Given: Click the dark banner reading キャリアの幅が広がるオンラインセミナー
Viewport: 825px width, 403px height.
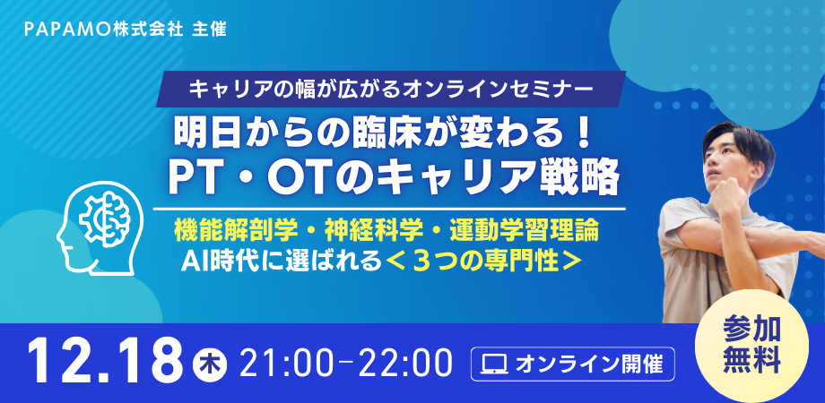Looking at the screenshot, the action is [391, 90].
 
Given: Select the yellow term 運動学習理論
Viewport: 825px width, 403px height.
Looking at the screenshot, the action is [525, 231].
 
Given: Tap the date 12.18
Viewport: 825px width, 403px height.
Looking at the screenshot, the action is [102, 362].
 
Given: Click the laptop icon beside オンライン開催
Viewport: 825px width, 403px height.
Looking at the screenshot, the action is [494, 364].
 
